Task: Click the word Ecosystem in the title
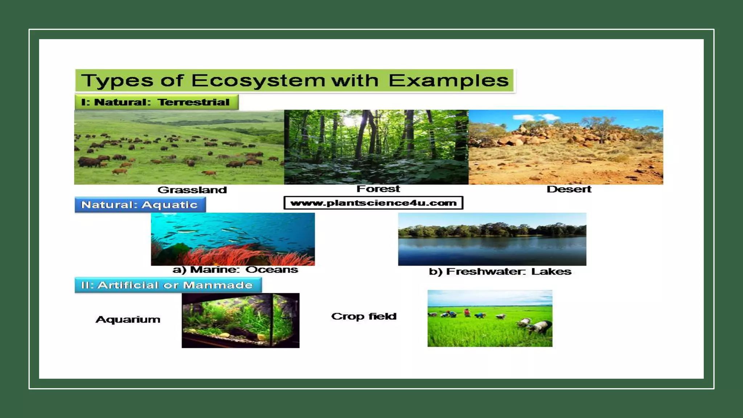coord(258,81)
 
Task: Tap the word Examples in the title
coord(448,81)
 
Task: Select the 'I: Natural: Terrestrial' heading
coord(156,102)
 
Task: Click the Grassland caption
coord(192,190)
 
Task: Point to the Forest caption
coord(378,189)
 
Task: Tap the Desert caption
coord(569,189)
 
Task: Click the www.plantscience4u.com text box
coord(373,203)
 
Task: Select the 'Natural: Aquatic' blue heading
coord(140,205)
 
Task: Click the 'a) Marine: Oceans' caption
coord(235,270)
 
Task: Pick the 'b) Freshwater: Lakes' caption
coord(500,271)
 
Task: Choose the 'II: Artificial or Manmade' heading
coord(167,285)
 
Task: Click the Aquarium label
coord(128,319)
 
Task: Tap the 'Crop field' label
coord(364,316)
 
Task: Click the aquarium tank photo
coord(241,320)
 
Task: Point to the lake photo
coord(492,239)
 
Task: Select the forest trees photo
coord(376,147)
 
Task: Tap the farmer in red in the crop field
coord(467,312)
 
